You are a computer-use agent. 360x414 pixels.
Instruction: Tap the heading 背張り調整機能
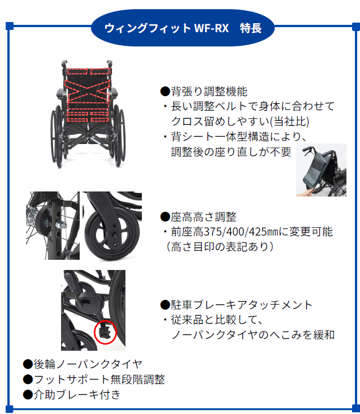point(204,91)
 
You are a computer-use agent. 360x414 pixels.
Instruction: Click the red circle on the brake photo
point(105,332)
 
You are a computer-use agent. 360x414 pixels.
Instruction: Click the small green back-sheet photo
point(320,171)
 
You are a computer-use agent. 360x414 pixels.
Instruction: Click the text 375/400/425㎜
point(239,232)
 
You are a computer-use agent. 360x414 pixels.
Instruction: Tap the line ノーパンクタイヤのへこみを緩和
point(253,335)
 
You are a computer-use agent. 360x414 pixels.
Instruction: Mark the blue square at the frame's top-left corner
point(10,25)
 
